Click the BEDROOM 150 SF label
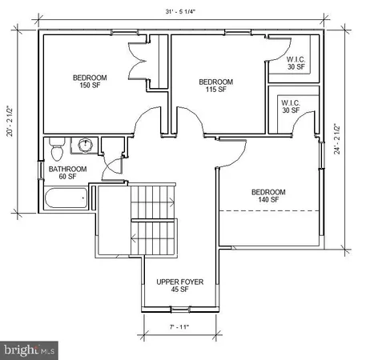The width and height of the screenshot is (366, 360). [90, 82]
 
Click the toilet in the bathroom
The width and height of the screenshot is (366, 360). [56, 150]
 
